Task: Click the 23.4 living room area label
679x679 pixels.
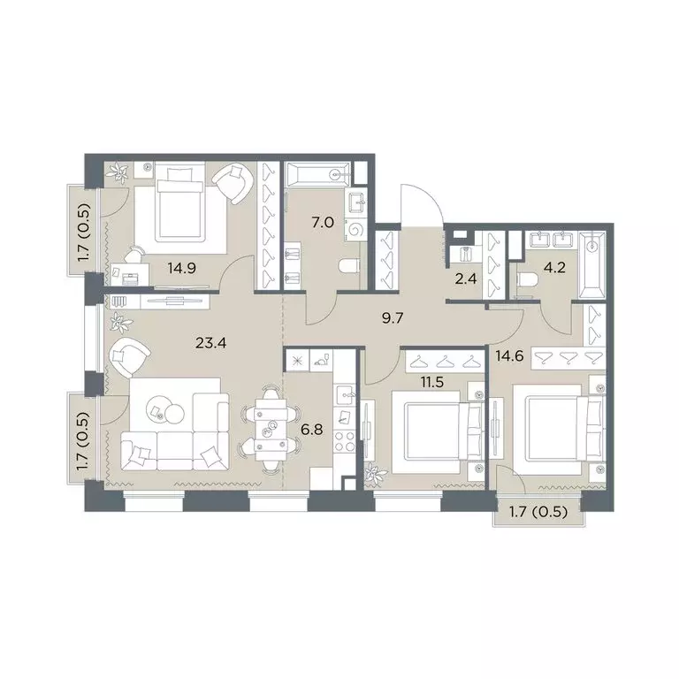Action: click(x=211, y=343)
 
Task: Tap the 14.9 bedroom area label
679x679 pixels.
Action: click(x=182, y=269)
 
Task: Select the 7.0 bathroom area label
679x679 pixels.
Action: click(x=323, y=223)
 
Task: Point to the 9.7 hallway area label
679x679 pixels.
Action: click(x=393, y=318)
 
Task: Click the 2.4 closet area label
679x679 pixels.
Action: click(x=466, y=278)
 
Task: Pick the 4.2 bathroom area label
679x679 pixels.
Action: click(x=554, y=267)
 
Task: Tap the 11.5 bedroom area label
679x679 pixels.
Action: click(x=432, y=382)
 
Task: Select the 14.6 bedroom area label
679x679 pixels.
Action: click(x=509, y=356)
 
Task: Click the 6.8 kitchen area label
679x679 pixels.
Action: click(x=312, y=430)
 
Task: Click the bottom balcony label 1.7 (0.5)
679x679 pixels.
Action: click(x=538, y=512)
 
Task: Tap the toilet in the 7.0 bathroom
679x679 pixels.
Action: click(x=349, y=266)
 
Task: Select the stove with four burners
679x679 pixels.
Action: click(x=345, y=441)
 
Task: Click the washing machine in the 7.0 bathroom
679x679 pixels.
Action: click(x=356, y=230)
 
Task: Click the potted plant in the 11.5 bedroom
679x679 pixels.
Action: click(x=375, y=475)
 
